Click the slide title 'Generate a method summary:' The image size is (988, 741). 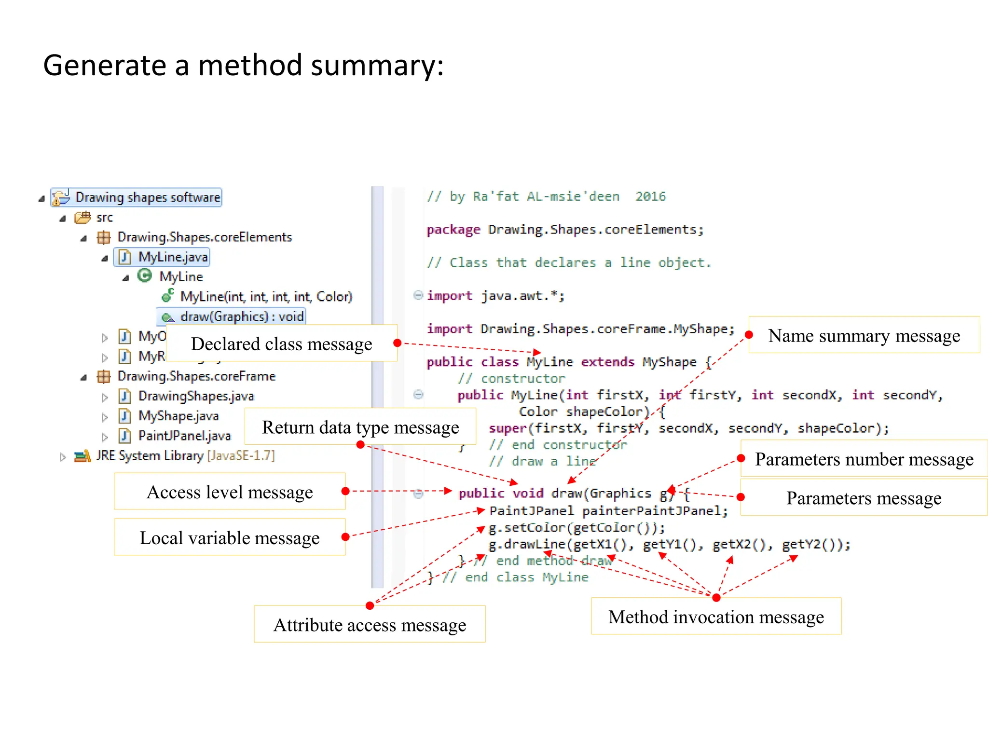pyautogui.click(x=243, y=65)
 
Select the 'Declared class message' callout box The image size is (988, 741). pyautogui.click(x=281, y=343)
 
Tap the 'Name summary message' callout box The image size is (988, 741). pyautogui.click(x=864, y=335)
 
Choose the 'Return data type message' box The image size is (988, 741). pyautogui.click(x=360, y=427)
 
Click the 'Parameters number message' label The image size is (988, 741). pyautogui.click(x=864, y=459)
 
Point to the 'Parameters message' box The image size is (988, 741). pyautogui.click(x=864, y=497)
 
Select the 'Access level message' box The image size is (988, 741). pyautogui.click(x=230, y=492)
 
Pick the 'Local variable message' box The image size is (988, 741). pyautogui.click(x=230, y=537)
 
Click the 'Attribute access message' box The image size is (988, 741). pyautogui.click(x=370, y=624)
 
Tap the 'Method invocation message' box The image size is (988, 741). pyautogui.click(x=716, y=617)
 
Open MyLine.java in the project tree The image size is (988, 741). pyautogui.click(x=172, y=257)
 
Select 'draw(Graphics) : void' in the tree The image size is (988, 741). pyautogui.click(x=241, y=316)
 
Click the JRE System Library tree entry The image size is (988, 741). pyautogui.click(x=185, y=455)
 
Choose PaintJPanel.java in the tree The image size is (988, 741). pyautogui.click(x=184, y=436)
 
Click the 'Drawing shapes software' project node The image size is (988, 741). pyautogui.click(x=147, y=197)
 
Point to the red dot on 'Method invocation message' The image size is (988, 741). pyautogui.click(x=716, y=598)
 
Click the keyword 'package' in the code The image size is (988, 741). pyautogui.click(x=453, y=230)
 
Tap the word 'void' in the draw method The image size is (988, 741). pyautogui.click(x=528, y=493)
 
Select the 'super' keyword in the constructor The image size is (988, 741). pyautogui.click(x=507, y=428)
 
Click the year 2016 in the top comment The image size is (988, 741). pyautogui.click(x=650, y=196)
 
